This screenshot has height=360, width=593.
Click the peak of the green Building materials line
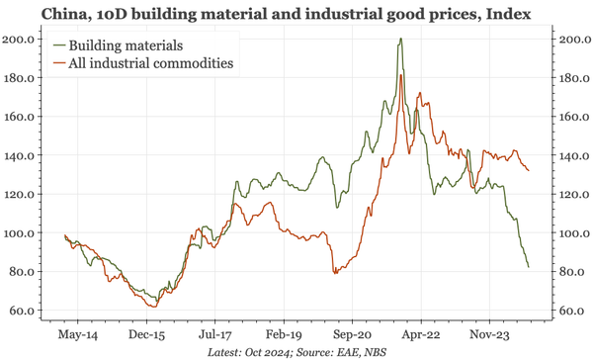click(x=400, y=40)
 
